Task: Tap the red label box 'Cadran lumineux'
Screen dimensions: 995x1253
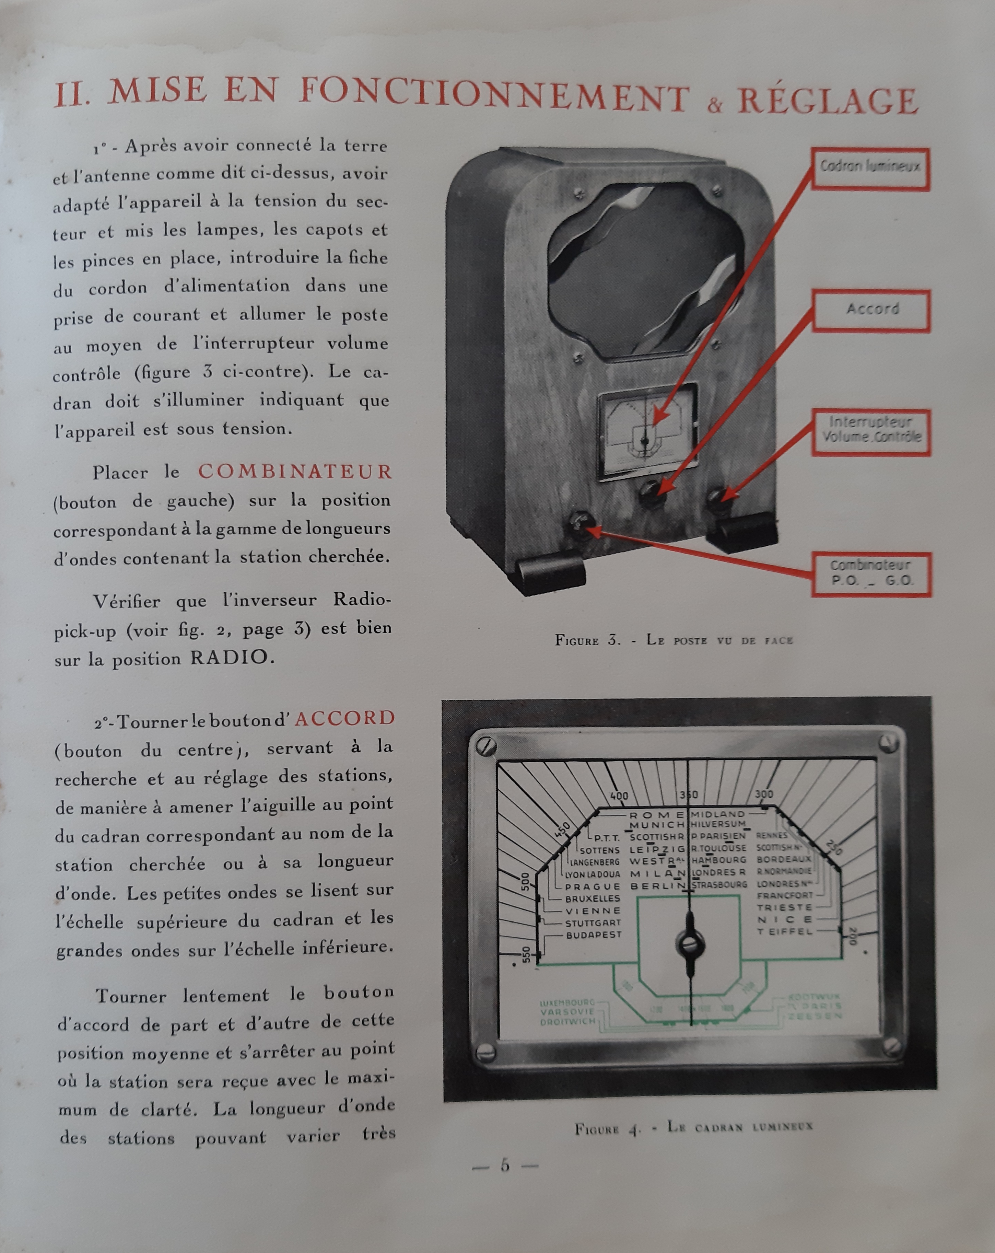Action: pos(870,169)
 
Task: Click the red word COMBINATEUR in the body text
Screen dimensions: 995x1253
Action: pos(295,471)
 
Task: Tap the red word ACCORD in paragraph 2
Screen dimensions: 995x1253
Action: pos(344,718)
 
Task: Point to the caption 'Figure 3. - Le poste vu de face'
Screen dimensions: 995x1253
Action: pos(674,640)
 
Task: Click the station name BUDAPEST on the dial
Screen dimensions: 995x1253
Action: pos(594,935)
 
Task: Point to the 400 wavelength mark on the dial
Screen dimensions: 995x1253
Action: pos(619,796)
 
